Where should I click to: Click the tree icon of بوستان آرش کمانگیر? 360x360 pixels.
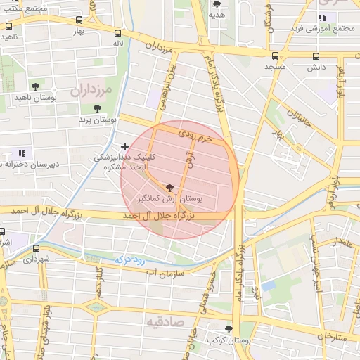(x=169, y=188)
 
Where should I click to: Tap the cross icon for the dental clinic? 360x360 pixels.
(x=125, y=146)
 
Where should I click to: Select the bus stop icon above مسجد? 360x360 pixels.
(x=274, y=56)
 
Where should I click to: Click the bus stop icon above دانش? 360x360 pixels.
(x=316, y=56)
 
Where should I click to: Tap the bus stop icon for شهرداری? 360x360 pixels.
(x=36, y=248)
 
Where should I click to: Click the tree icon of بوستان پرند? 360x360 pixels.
(x=97, y=108)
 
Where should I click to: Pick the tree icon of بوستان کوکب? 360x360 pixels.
(x=229, y=328)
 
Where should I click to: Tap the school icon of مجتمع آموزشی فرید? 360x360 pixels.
(x=322, y=18)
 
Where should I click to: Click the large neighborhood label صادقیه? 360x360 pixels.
(x=164, y=321)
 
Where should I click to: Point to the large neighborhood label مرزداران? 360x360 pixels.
(x=91, y=90)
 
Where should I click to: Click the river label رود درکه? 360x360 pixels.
(x=119, y=261)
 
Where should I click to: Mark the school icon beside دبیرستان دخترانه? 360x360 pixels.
(x=21, y=153)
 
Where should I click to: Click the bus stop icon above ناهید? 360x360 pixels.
(x=8, y=25)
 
